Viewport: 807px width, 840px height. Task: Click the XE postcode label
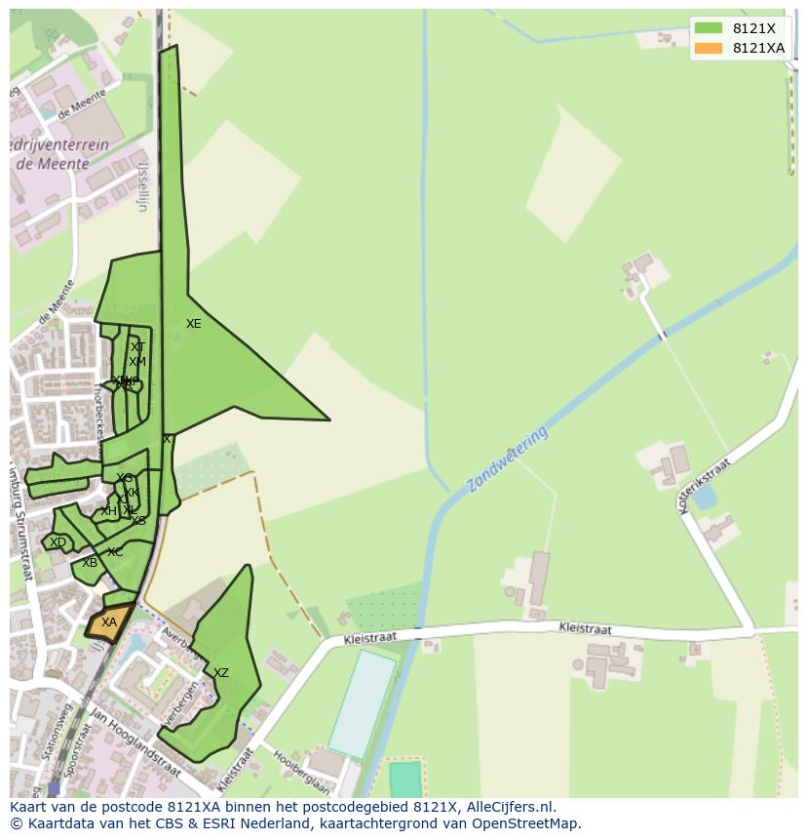[x=194, y=324]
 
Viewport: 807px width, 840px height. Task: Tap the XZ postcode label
[x=221, y=673]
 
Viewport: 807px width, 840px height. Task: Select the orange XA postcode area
[x=108, y=622]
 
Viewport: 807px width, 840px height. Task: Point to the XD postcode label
[x=58, y=542]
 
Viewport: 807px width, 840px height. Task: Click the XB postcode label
[x=90, y=563]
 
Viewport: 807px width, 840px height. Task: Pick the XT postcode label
[x=137, y=347]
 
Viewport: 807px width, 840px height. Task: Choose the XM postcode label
[x=137, y=362]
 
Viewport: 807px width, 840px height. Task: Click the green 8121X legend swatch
[x=709, y=28]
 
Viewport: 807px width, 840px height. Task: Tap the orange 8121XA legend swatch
[x=709, y=48]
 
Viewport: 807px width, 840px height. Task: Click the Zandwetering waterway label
[x=507, y=459]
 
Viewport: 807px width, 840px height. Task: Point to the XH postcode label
[x=108, y=511]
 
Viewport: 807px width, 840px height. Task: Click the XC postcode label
[x=115, y=552]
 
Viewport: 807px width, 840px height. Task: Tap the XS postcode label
[x=138, y=521]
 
